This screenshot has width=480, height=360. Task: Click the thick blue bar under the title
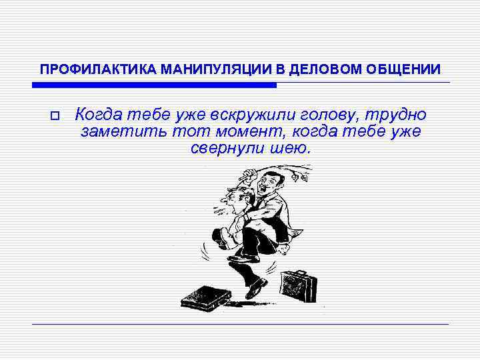[x=154, y=85]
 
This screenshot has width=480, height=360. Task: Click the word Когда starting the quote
[x=100, y=115]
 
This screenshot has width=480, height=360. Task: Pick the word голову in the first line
[x=314, y=115]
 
